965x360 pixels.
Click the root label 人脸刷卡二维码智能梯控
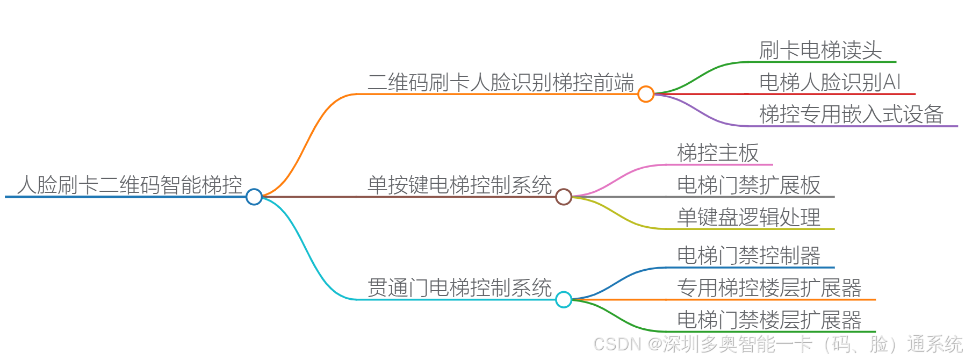point(129,185)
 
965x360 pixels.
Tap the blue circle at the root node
point(254,197)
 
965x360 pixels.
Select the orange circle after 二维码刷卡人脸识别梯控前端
point(646,94)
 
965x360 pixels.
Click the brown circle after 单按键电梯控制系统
point(564,197)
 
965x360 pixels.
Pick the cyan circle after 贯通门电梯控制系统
point(564,299)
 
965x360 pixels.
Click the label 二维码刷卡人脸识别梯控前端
point(501,83)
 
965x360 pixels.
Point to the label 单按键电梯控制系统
point(459,185)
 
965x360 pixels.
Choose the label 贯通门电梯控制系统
point(459,288)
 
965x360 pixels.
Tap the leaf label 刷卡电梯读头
point(820,51)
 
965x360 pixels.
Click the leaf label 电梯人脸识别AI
point(830,82)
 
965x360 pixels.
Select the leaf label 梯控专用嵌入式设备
point(851,114)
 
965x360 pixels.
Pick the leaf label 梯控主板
point(718,153)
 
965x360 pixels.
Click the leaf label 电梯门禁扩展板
point(748,185)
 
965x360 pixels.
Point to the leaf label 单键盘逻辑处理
point(748,217)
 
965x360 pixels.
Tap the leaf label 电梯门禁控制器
point(748,256)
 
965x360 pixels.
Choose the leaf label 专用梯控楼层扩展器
point(769,288)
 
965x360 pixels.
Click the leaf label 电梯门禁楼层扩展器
point(769,320)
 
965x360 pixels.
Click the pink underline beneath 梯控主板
point(720,164)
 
